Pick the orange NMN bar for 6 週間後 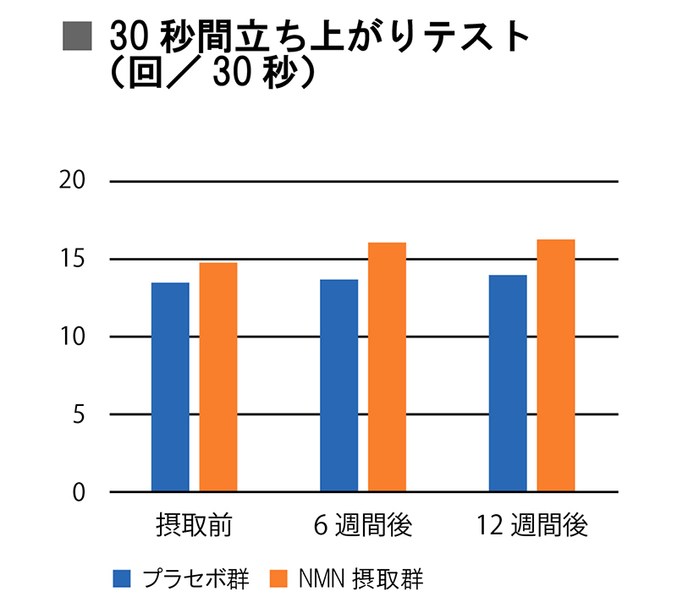click(x=387, y=367)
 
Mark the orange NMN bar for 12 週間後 click(x=556, y=365)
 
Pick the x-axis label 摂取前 click(x=194, y=525)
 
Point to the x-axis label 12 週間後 click(x=532, y=525)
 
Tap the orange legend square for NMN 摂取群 click(x=279, y=579)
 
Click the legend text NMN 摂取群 click(x=361, y=579)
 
